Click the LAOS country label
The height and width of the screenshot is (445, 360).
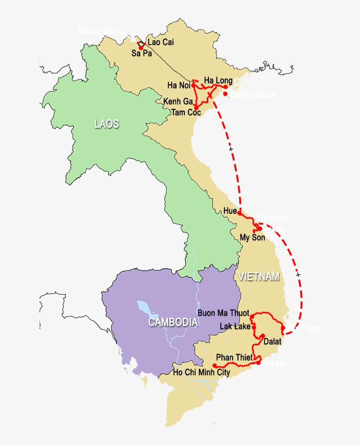tap(107, 124)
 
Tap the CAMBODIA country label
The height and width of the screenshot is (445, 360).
tap(173, 322)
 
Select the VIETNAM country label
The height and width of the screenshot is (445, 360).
tap(258, 276)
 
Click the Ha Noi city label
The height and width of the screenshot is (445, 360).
tap(179, 85)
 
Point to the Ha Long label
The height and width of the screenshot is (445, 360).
tap(218, 80)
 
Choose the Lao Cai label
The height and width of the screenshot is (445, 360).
tap(161, 43)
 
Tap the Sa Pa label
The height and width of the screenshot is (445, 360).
tap(141, 53)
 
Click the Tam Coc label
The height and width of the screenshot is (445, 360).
tap(186, 112)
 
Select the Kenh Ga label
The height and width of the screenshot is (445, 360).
tap(178, 101)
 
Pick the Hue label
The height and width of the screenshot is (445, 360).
tap(230, 211)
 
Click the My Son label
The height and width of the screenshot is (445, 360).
tap(252, 238)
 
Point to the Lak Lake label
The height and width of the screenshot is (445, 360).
tap(235, 326)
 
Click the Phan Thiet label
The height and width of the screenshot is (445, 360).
tap(234, 358)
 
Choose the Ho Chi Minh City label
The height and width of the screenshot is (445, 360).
tap(202, 373)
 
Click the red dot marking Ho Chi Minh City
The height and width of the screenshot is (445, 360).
tap(214, 365)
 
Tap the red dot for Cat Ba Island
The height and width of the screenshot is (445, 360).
tap(225, 94)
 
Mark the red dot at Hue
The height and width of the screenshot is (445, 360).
tap(239, 213)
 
